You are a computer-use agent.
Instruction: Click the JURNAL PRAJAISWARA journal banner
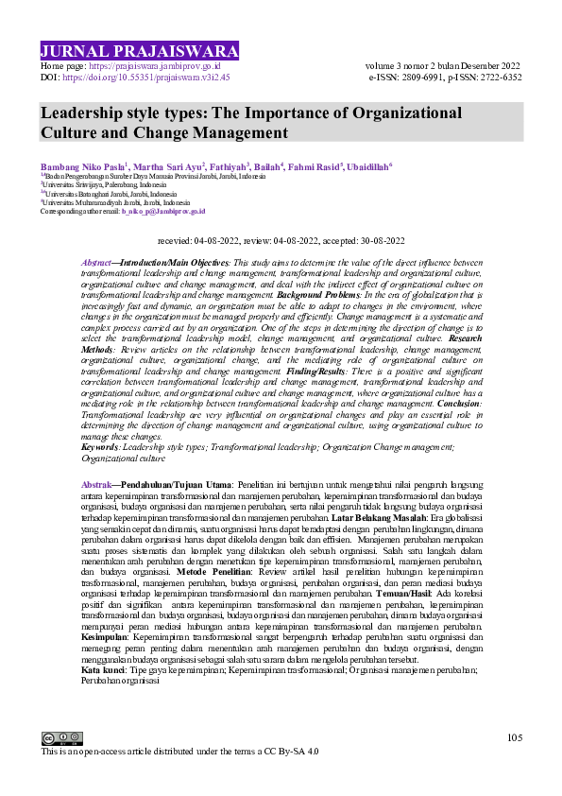(140, 51)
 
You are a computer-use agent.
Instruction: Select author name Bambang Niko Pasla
(82, 165)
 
